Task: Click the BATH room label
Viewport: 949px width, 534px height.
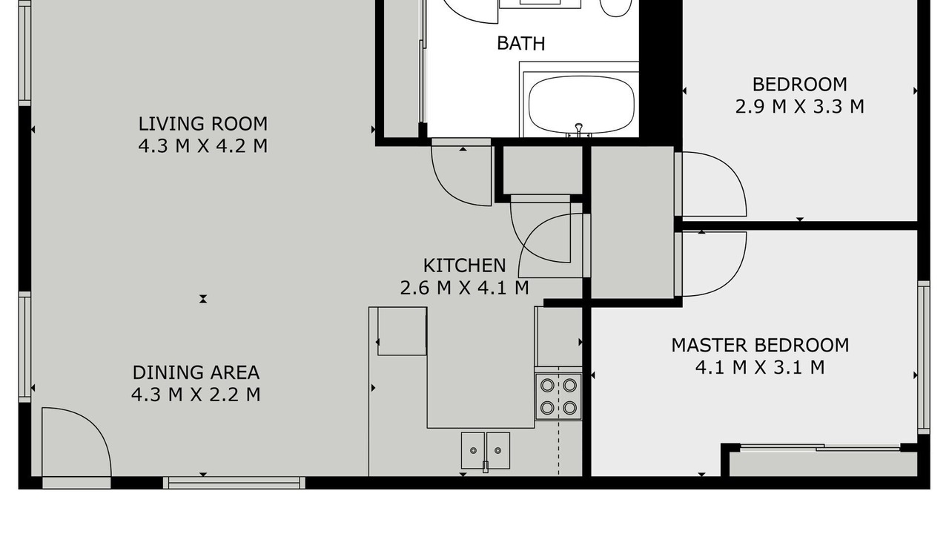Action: tap(520, 44)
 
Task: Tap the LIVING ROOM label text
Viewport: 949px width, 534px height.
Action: tap(203, 124)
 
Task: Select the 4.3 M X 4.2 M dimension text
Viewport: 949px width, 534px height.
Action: tap(203, 146)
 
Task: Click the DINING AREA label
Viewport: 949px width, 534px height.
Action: tap(196, 372)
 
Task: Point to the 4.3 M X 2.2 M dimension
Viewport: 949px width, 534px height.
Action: tap(196, 395)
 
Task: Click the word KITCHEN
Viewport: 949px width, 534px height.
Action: tap(464, 266)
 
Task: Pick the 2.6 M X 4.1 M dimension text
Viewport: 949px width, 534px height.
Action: tap(464, 288)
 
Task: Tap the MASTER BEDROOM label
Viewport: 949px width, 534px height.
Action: tap(760, 346)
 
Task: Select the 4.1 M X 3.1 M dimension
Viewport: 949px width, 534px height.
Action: tap(760, 367)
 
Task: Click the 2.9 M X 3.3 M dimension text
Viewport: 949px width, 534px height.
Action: tap(799, 106)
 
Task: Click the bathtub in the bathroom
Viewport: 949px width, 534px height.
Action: tap(581, 105)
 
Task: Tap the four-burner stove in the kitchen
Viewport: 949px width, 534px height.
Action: tap(558, 397)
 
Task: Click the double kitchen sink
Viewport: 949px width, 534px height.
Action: tap(486, 450)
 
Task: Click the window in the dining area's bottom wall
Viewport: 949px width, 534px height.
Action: tap(234, 483)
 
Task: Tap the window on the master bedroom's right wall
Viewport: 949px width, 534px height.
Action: tap(924, 357)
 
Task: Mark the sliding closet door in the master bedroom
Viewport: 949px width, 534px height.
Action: tap(820, 447)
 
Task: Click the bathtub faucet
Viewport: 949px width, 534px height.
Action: tap(579, 130)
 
